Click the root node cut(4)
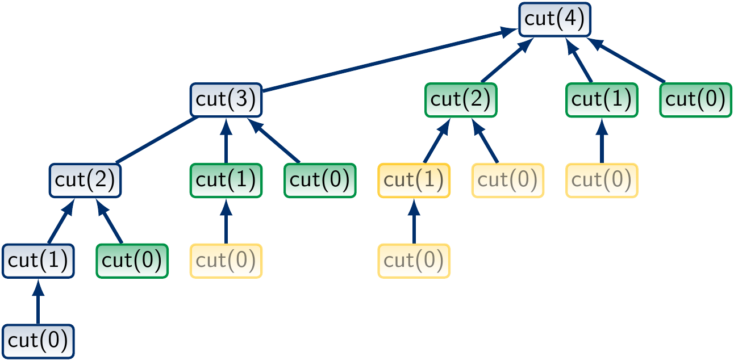(555, 19)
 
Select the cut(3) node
(226, 99)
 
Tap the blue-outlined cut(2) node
(85, 181)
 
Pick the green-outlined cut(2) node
(461, 99)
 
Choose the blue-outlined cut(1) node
(38, 261)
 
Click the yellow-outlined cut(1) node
(414, 181)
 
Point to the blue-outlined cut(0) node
(38, 341)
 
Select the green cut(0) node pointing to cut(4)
(695, 99)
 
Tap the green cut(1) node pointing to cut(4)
(602, 99)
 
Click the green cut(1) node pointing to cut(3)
(226, 181)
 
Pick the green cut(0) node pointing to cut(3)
(320, 181)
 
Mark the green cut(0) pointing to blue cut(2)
(132, 261)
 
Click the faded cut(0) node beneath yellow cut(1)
(414, 261)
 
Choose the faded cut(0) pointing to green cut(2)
(507, 181)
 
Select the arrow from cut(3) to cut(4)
(386, 60)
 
